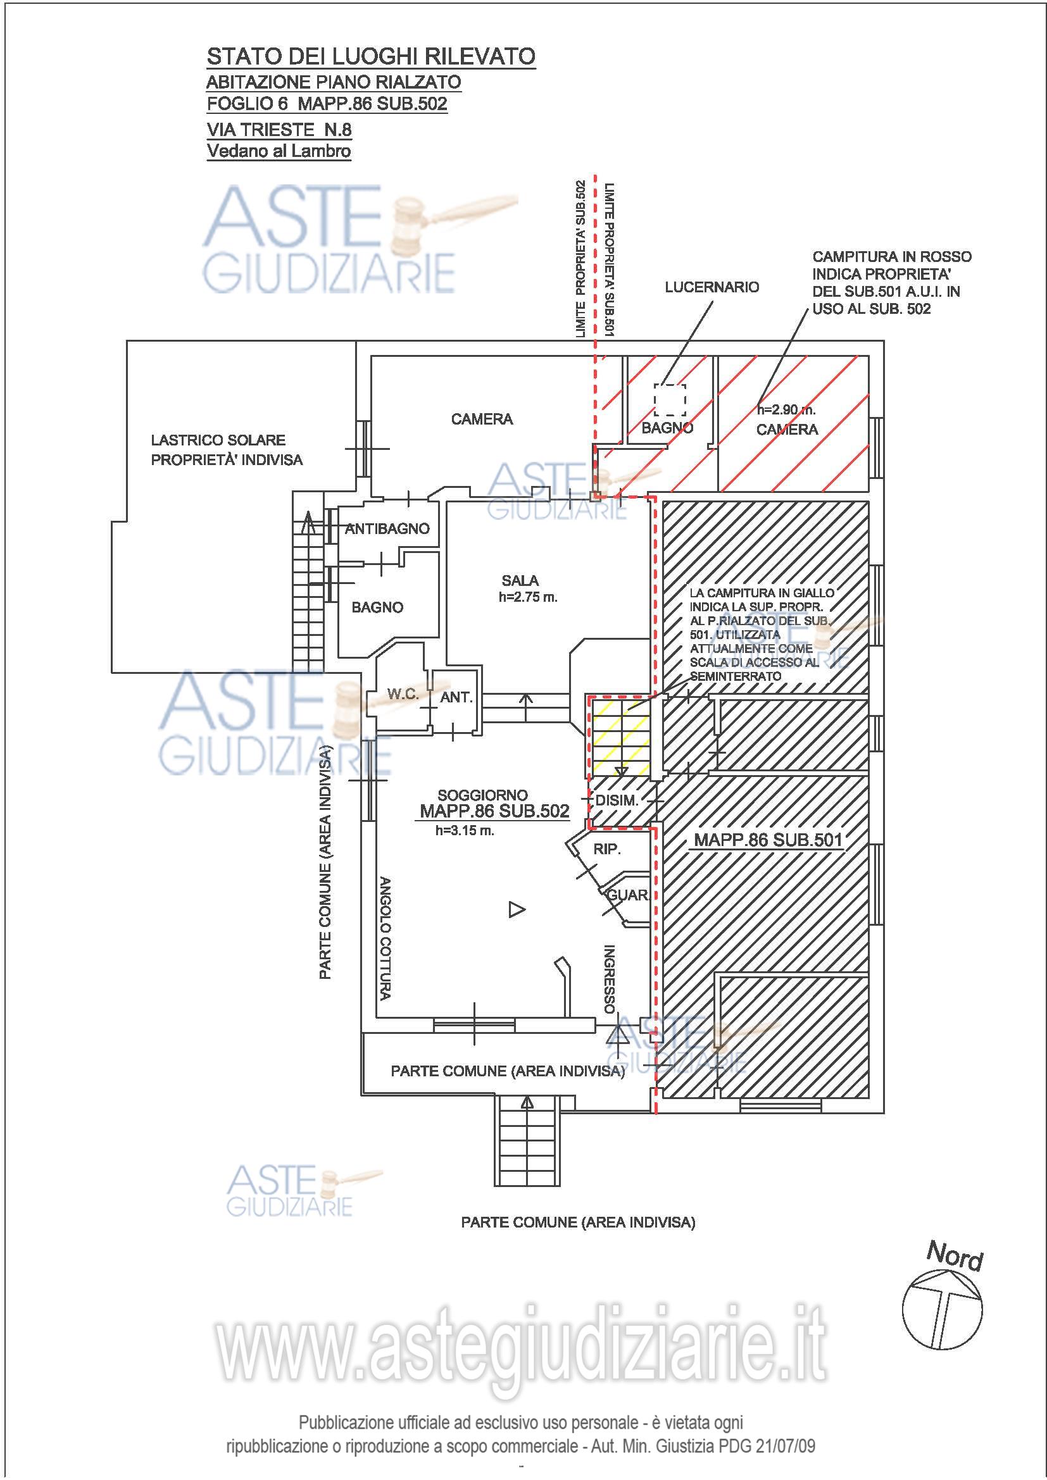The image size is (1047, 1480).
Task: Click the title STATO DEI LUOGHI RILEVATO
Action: (x=371, y=57)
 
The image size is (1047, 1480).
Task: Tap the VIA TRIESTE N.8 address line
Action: (x=279, y=130)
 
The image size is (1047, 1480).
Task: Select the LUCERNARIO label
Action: (x=712, y=287)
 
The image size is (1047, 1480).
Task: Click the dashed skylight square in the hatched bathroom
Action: (x=670, y=401)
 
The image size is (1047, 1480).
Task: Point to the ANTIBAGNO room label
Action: (x=387, y=529)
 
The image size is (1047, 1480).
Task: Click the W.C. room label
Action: (x=403, y=694)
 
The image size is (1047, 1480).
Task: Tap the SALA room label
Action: (x=520, y=581)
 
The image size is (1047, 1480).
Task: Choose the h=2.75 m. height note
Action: (x=528, y=597)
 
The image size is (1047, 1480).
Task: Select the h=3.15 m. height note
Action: (x=465, y=831)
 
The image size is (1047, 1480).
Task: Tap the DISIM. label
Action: (x=617, y=801)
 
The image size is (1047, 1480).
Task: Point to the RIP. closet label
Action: (x=607, y=850)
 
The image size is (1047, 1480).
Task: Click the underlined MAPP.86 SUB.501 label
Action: (x=768, y=840)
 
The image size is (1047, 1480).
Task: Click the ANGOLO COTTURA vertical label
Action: (x=385, y=938)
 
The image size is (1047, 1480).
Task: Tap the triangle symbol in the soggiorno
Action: (x=517, y=909)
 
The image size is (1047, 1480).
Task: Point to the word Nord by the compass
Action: (x=955, y=1257)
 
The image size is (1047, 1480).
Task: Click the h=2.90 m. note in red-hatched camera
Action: (x=787, y=410)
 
